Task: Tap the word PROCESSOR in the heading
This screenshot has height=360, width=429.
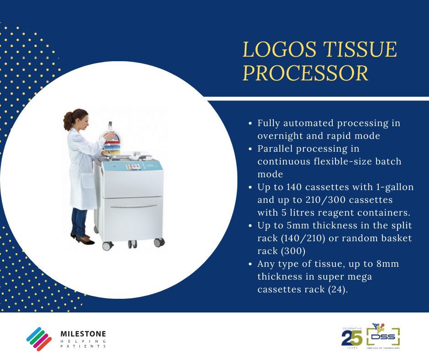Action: click(305, 74)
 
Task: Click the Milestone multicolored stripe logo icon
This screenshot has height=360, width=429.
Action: click(39, 339)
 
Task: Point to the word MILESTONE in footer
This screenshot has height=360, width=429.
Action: click(83, 334)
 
